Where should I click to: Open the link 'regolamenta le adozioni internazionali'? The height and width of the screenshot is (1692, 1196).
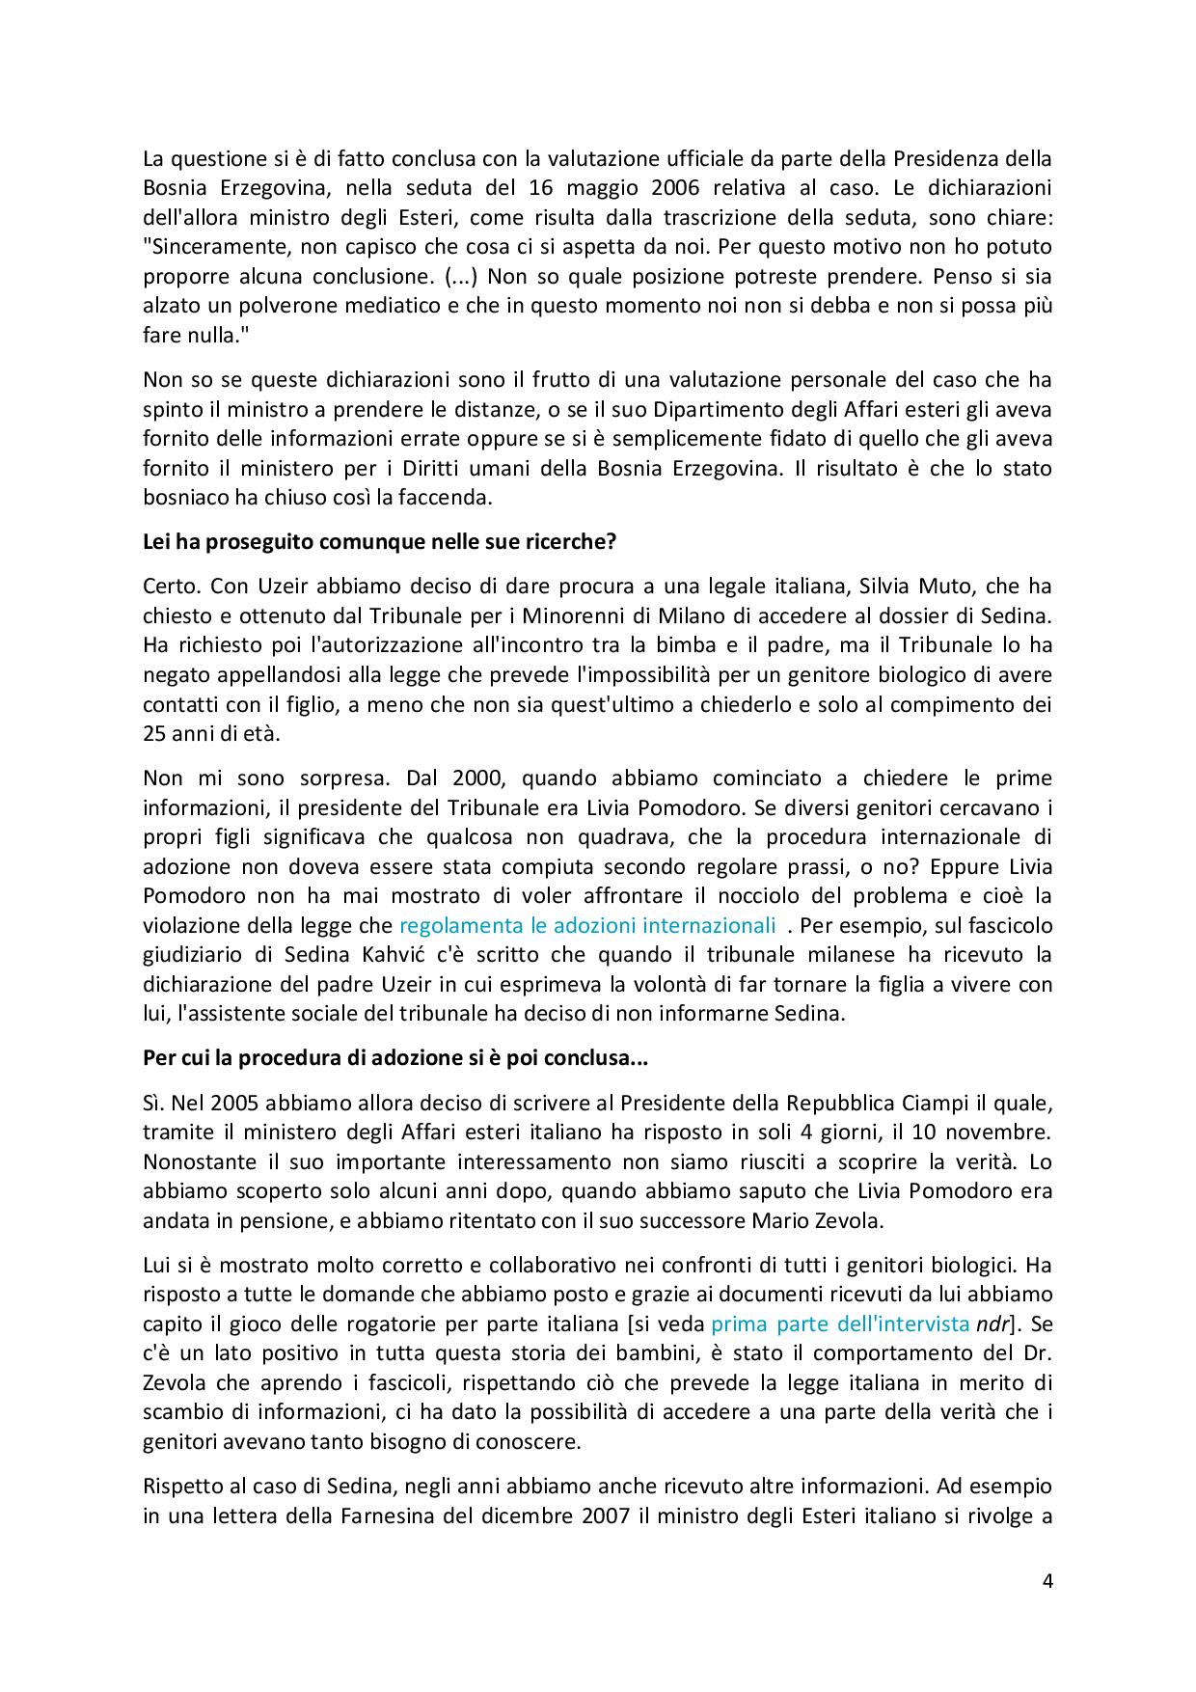pyautogui.click(x=587, y=925)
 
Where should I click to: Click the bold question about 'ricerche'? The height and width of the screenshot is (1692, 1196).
pyautogui.click(x=379, y=542)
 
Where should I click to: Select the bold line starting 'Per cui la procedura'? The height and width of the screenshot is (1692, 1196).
pyautogui.click(x=395, y=1057)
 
